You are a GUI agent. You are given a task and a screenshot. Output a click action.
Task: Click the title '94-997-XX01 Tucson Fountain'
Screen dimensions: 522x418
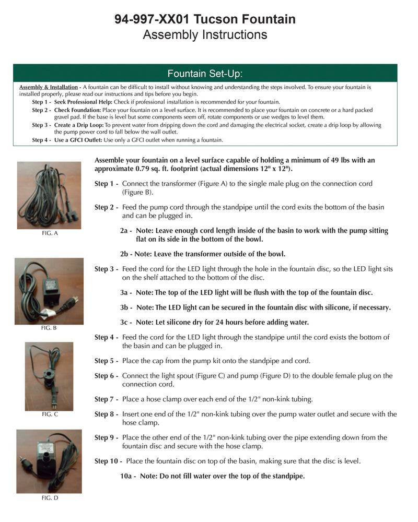tap(205, 19)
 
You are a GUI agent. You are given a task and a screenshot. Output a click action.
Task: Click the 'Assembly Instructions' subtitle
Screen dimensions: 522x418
tap(205, 35)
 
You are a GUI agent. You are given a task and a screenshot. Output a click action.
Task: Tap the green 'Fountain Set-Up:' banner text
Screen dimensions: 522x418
tap(205, 73)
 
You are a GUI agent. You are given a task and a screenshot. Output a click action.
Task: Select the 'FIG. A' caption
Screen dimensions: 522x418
tap(49, 233)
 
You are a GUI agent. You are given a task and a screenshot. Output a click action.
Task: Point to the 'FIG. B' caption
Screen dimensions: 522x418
tap(49, 328)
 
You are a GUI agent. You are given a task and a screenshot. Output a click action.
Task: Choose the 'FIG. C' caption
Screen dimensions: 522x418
tap(49, 414)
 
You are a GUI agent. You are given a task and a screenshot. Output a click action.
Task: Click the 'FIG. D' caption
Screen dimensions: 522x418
tap(49, 498)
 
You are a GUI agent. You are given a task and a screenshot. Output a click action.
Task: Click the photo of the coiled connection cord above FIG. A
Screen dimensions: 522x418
tap(49, 195)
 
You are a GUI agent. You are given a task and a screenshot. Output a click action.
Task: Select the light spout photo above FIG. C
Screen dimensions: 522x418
tap(49, 376)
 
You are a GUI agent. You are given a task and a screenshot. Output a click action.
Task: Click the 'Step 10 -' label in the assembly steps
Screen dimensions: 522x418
tap(108, 461)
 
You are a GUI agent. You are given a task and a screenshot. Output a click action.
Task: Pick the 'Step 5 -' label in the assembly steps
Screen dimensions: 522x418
tap(106, 361)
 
